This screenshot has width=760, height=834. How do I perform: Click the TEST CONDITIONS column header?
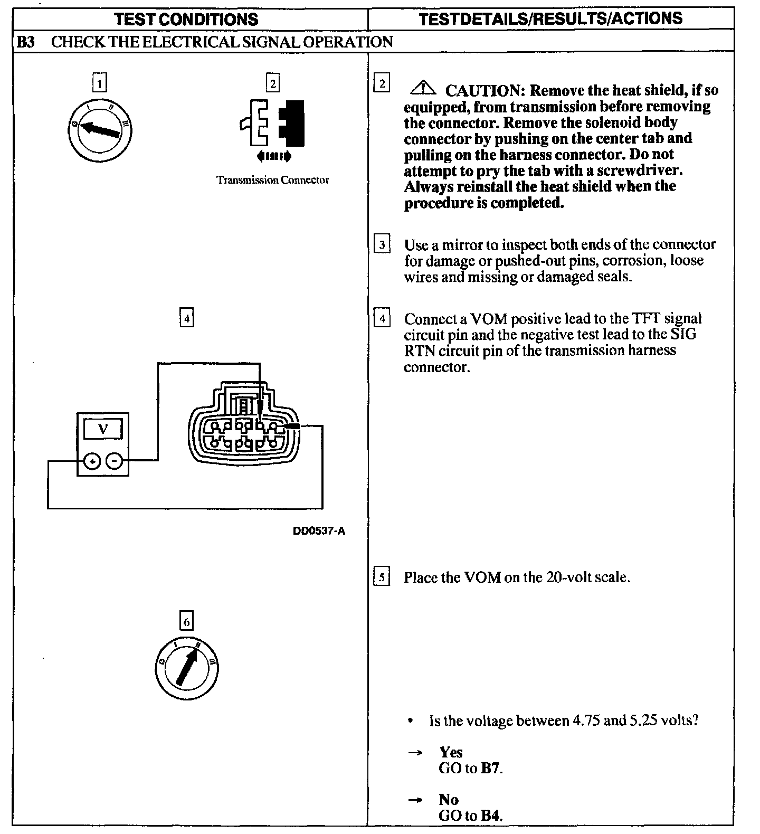pyautogui.click(x=186, y=20)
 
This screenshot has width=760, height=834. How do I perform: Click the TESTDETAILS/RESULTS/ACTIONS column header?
pyautogui.click(x=550, y=18)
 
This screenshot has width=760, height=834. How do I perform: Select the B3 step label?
pyautogui.click(x=25, y=42)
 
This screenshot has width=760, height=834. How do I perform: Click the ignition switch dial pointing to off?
pyautogui.click(x=100, y=130)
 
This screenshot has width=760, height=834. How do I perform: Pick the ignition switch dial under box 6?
pyautogui.click(x=187, y=668)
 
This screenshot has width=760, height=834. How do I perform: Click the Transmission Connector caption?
pyautogui.click(x=272, y=180)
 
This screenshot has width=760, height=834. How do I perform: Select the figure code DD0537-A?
pyautogui.click(x=319, y=531)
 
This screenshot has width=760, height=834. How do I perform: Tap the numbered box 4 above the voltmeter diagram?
pyautogui.click(x=187, y=318)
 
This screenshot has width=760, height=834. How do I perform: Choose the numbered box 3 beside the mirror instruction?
pyautogui.click(x=382, y=244)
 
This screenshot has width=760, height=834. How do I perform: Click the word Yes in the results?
pyautogui.click(x=451, y=752)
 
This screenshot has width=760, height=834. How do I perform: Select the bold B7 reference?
pyautogui.click(x=491, y=768)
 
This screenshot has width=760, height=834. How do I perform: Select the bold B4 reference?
pyautogui.click(x=491, y=816)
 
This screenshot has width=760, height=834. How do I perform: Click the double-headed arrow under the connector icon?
pyautogui.click(x=273, y=156)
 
